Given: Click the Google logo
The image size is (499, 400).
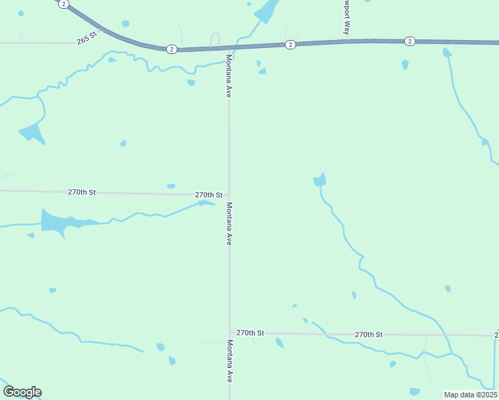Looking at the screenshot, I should pyautogui.click(x=22, y=392).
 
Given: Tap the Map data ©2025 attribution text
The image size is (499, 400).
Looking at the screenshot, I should pyautogui.click(x=470, y=395).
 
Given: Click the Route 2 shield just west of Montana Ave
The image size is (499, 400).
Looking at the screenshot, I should pyautogui.click(x=171, y=49).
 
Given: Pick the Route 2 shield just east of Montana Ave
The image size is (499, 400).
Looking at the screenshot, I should pyautogui.click(x=290, y=44).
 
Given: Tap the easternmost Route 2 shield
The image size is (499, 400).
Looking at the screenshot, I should pyautogui.click(x=410, y=41).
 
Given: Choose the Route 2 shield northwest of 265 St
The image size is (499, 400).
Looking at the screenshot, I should pyautogui.click(x=63, y=4).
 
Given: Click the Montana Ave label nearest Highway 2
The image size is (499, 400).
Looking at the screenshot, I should pyautogui.click(x=228, y=75).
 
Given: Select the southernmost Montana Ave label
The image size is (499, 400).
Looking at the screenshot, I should pyautogui.click(x=229, y=361).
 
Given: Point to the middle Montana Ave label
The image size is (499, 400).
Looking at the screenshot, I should pyautogui.click(x=229, y=224).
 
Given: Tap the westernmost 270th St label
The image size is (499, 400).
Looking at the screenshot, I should pyautogui.click(x=82, y=192).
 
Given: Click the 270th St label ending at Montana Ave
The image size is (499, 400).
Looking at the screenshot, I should pyautogui.click(x=208, y=195).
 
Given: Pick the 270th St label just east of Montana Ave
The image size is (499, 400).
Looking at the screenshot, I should pyautogui.click(x=251, y=333).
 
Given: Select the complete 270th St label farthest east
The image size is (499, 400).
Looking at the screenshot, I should pyautogui.click(x=369, y=334).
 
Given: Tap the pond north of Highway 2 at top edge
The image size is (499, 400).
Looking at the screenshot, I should pyautogui.click(x=267, y=11).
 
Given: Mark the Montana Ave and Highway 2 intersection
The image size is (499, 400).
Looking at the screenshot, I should pyautogui.click(x=229, y=47).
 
